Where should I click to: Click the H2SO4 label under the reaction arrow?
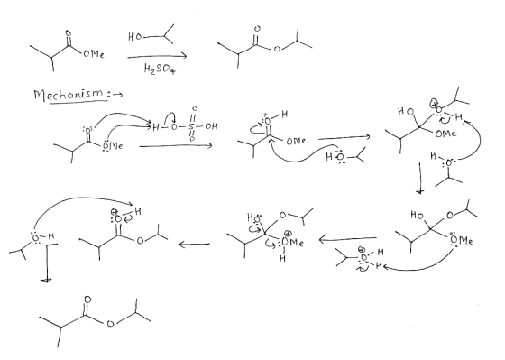(x=160, y=69)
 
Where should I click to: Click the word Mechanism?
(x=69, y=95)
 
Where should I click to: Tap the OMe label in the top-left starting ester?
(x=94, y=54)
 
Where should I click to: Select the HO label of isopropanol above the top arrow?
(x=134, y=36)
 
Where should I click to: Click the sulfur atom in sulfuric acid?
(x=192, y=126)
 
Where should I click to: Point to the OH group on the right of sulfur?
(x=211, y=126)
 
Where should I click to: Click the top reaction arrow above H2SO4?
(x=157, y=57)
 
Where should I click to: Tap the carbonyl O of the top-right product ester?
(x=257, y=29)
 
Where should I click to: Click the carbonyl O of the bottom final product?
(x=87, y=300)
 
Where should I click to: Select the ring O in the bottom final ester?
(x=110, y=324)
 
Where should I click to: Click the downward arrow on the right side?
(x=419, y=179)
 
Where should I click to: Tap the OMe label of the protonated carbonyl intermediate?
(x=296, y=141)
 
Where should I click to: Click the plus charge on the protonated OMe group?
(x=289, y=234)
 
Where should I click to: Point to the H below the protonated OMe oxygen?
(x=282, y=258)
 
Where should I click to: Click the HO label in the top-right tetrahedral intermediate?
(x=406, y=112)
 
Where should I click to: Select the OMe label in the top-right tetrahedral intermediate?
(x=445, y=134)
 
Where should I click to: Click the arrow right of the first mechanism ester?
(x=176, y=146)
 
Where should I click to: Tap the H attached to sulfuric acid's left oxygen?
(x=155, y=127)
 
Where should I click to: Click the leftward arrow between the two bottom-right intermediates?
(x=348, y=239)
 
